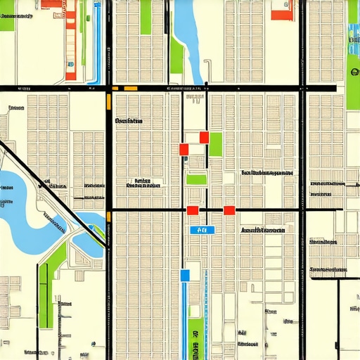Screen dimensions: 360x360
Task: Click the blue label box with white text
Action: click(202, 229)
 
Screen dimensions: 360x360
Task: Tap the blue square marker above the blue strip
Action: click(186, 275)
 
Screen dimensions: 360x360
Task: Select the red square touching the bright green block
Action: click(205, 137)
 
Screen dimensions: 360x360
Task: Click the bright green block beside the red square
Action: click(215, 144)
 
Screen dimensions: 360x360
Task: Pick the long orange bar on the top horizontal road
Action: click(130, 88)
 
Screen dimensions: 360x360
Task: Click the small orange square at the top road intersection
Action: click(115, 88)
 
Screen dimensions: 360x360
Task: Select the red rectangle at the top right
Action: click(282, 15)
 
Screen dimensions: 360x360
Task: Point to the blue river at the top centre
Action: click(186, 32)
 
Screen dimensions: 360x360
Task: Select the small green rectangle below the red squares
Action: click(196, 179)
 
